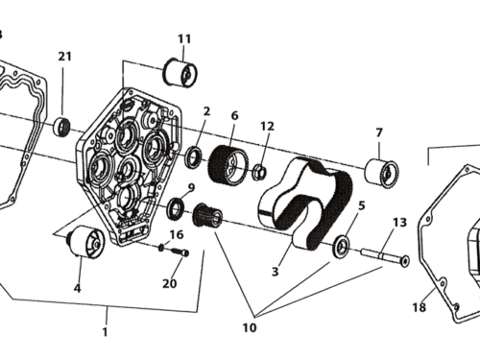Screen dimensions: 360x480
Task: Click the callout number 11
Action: click(x=183, y=38)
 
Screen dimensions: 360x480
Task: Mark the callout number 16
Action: click(x=177, y=234)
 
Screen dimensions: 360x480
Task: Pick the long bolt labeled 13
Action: click(x=383, y=258)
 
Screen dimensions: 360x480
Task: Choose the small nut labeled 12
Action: click(x=258, y=173)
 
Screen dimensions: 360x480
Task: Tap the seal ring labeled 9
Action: click(x=177, y=206)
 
